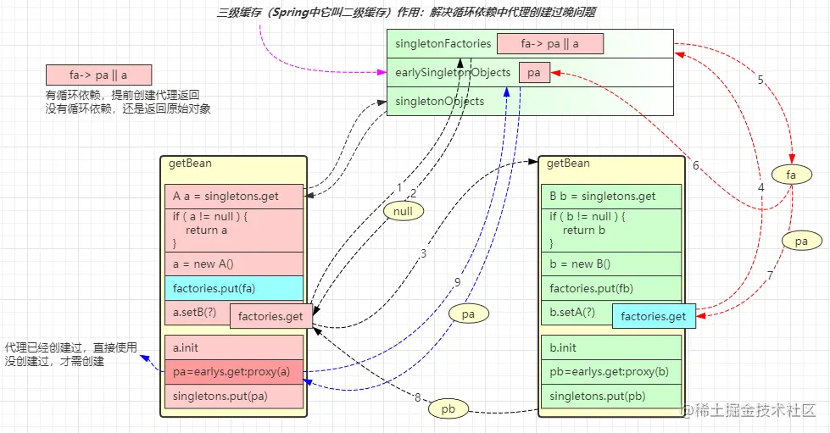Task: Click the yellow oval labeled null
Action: tap(403, 209)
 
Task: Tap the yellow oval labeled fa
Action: tap(792, 175)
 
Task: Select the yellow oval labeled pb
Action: tap(448, 408)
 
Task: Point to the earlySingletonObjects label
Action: tap(453, 73)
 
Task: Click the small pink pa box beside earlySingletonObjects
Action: tap(534, 73)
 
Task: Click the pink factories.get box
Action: tap(271, 317)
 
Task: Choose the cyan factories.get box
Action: tap(653, 317)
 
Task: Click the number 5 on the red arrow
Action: tap(760, 80)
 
